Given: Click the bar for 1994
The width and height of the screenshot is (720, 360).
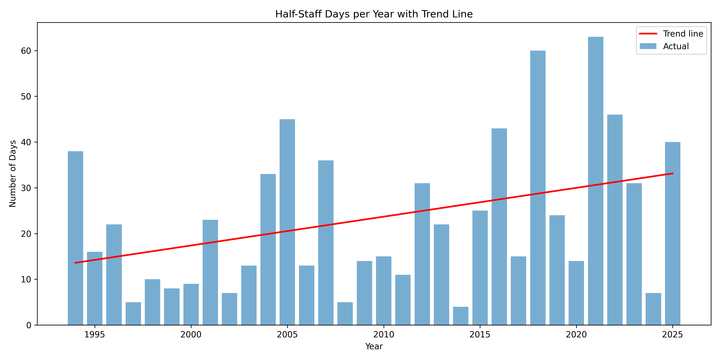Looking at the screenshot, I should click(x=75, y=238).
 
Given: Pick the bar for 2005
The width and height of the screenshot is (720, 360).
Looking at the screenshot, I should click(x=287, y=222).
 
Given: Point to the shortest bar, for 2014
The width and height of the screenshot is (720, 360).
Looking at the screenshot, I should click(x=461, y=316).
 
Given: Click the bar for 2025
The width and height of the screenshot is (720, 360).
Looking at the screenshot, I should click(x=672, y=233).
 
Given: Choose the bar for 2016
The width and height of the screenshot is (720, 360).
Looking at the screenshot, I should click(x=499, y=227).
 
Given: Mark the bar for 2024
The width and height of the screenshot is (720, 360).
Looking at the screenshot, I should click(x=653, y=309).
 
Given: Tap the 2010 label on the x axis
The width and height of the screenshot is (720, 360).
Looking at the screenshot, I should click(x=383, y=335).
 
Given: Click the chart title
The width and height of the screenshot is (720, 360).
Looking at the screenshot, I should click(x=374, y=14).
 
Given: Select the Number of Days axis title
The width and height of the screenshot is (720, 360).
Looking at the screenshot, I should click(x=13, y=174).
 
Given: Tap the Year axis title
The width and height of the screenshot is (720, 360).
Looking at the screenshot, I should click(x=374, y=347).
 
